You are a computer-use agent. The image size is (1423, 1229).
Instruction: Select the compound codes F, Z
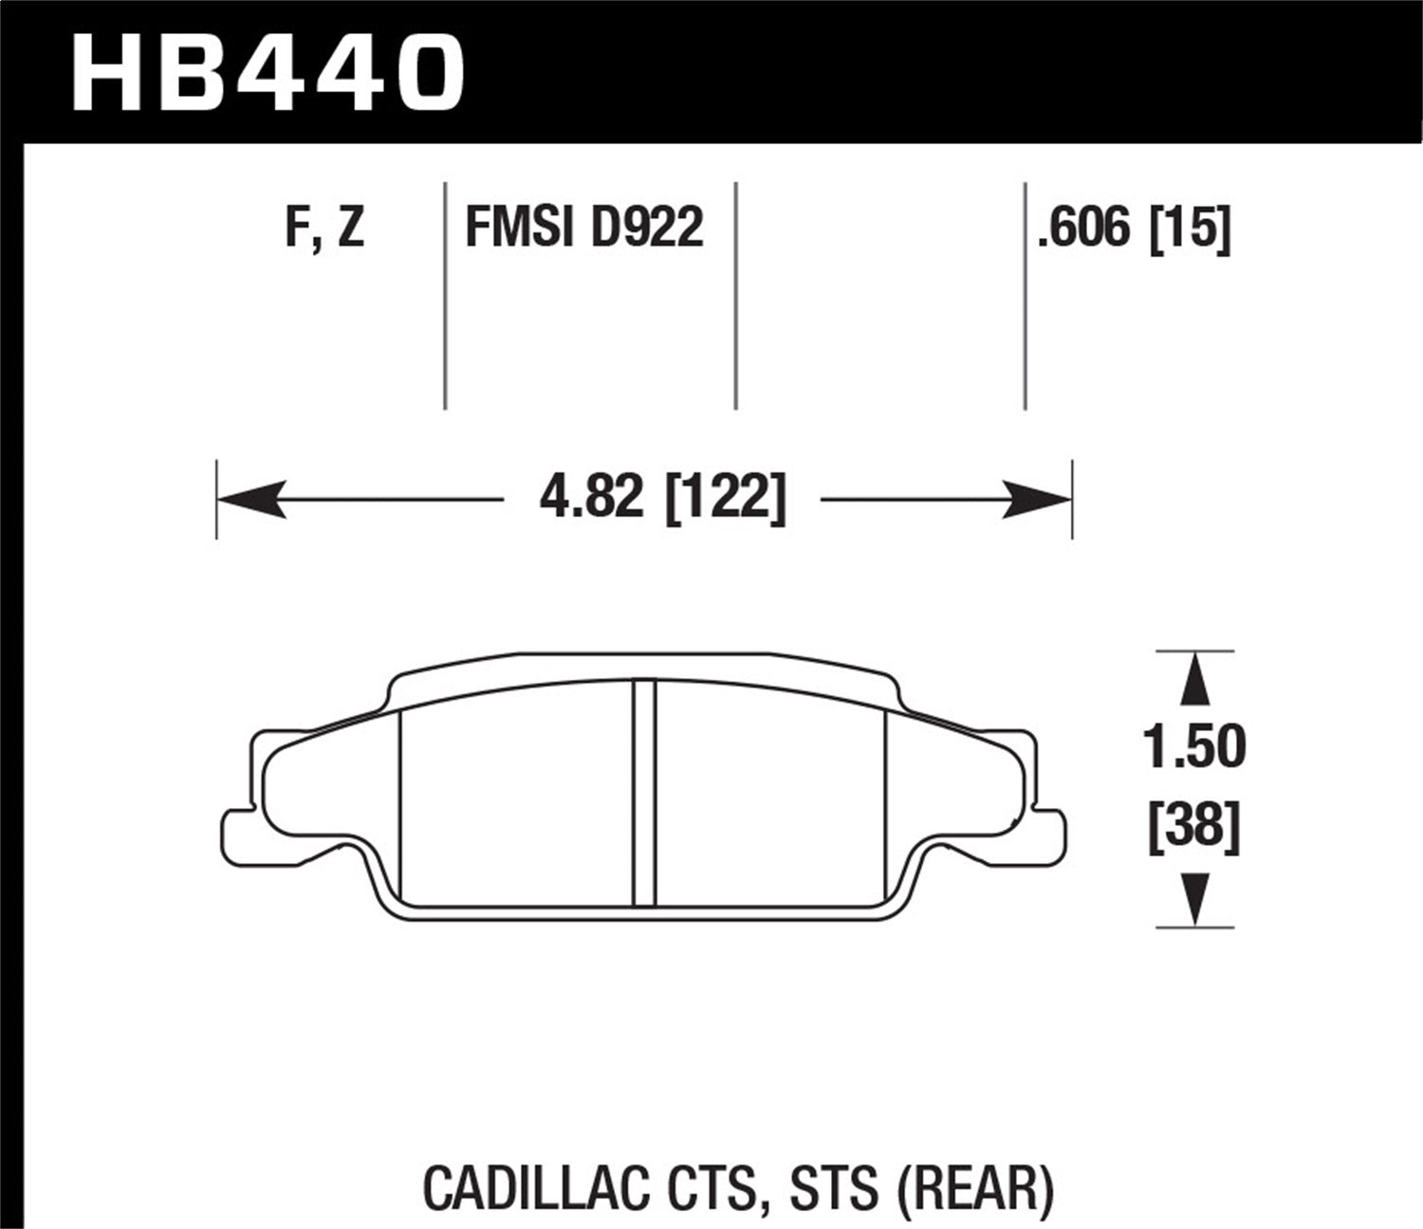pos(324,228)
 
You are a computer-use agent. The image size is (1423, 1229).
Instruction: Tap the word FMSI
pos(521,228)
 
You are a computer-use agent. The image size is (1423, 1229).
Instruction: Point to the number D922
pos(646,228)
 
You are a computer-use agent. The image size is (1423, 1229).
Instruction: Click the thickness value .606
pos(1085,228)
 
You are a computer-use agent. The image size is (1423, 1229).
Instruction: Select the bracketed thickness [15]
pos(1191,228)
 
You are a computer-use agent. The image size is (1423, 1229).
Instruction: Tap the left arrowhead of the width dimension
pos(249,498)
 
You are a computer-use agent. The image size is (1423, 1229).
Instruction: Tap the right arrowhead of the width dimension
pos(1039,498)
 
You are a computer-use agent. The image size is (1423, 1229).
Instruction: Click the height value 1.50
pos(1193,747)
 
